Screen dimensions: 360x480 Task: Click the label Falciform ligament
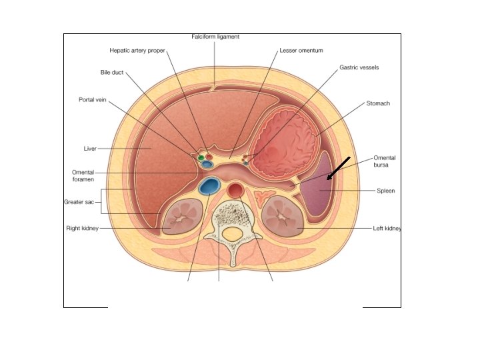tap(215, 37)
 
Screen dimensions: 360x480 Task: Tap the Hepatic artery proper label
tap(137, 50)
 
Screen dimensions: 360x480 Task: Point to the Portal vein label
tap(93, 99)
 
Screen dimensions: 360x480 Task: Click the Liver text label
tap(90, 148)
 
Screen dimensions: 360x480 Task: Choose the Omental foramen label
tap(83, 175)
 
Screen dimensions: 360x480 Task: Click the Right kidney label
tap(82, 228)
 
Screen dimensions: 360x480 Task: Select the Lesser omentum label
tap(301, 50)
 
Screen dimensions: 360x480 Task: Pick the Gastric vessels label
tap(359, 67)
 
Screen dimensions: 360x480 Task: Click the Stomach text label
tap(378, 103)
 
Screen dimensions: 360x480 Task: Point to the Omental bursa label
tap(385, 161)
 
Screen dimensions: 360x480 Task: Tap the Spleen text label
tap(386, 191)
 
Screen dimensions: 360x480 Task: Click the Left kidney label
tap(387, 228)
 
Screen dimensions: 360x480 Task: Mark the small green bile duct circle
tap(201, 157)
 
